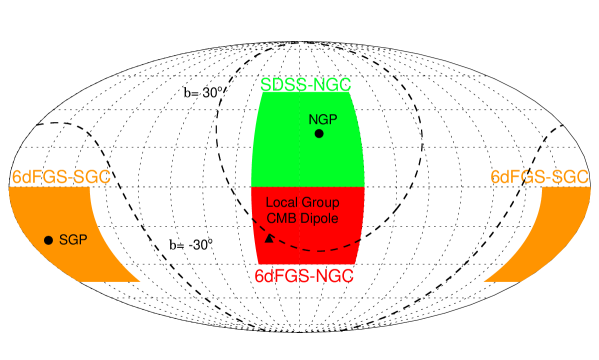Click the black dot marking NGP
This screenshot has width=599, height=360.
[x=319, y=133]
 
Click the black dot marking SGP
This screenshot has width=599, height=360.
[x=48, y=240]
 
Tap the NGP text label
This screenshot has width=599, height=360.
[x=324, y=117]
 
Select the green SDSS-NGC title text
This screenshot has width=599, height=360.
[x=306, y=85]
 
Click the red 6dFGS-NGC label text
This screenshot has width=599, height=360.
[x=305, y=273]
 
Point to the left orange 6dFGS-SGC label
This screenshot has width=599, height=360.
[x=61, y=177]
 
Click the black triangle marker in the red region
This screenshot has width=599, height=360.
[x=267, y=237]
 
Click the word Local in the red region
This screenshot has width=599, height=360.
[x=281, y=203]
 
